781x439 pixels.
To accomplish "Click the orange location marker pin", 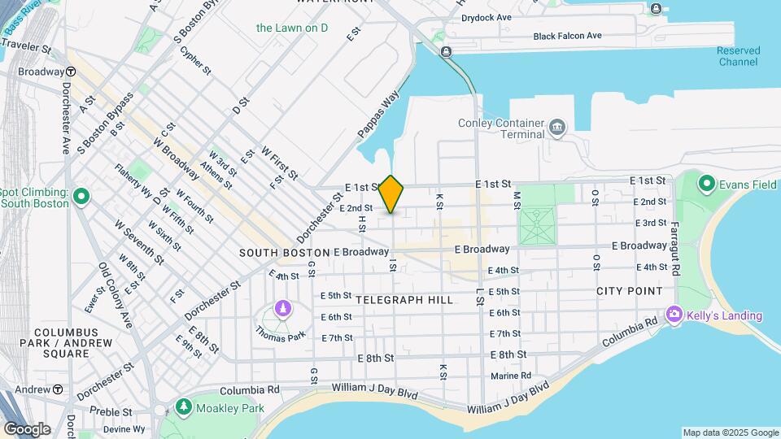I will click(391, 194).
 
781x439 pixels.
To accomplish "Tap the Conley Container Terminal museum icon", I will click(557, 126).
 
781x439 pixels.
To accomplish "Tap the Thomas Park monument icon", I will click(282, 308).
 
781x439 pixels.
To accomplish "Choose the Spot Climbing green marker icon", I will click(81, 197).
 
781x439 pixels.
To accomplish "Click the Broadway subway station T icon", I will click(72, 72).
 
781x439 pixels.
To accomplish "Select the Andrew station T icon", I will click(58, 389).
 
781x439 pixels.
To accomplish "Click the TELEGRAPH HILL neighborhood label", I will click(404, 300).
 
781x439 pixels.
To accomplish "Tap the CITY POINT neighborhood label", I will click(629, 291).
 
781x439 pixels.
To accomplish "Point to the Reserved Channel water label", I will click(738, 56).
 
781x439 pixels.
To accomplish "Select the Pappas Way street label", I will click(379, 113).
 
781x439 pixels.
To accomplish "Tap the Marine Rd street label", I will click(511, 376).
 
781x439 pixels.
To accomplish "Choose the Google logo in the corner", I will click(27, 428).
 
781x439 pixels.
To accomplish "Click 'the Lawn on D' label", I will click(292, 28).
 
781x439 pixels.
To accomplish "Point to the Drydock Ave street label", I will click(486, 16).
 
